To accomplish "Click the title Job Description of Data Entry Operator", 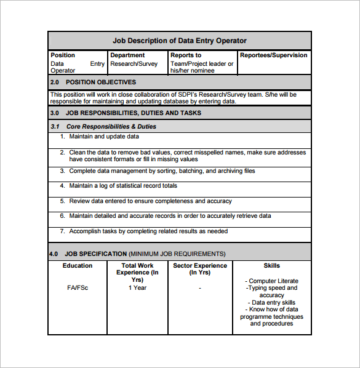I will pyautogui.click(x=179, y=41).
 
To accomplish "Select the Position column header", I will pyautogui.click(x=63, y=55).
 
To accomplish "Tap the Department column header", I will pyautogui.click(x=127, y=55).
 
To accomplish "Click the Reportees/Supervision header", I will pyautogui.click(x=273, y=55).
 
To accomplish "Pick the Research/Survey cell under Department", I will pyautogui.click(x=134, y=63).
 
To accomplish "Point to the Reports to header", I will pyautogui.click(x=185, y=55).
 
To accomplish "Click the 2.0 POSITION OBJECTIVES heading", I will pyautogui.click(x=93, y=82).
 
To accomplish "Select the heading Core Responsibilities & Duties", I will pyautogui.click(x=111, y=126).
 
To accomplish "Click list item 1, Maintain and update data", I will pyautogui.click(x=103, y=137).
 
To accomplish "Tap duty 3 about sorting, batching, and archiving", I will pyautogui.click(x=161, y=171).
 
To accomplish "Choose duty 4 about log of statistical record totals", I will pyautogui.click(x=122, y=185).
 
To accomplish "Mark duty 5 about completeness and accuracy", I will pyautogui.click(x=150, y=201).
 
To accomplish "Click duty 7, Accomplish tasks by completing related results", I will pyautogui.click(x=148, y=231).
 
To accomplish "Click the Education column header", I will pyautogui.click(x=78, y=266).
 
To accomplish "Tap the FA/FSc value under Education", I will pyautogui.click(x=78, y=287).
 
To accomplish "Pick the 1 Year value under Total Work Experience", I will pyautogui.click(x=137, y=287).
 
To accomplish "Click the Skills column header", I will pyautogui.click(x=271, y=266).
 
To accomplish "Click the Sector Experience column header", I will pyautogui.click(x=200, y=269).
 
